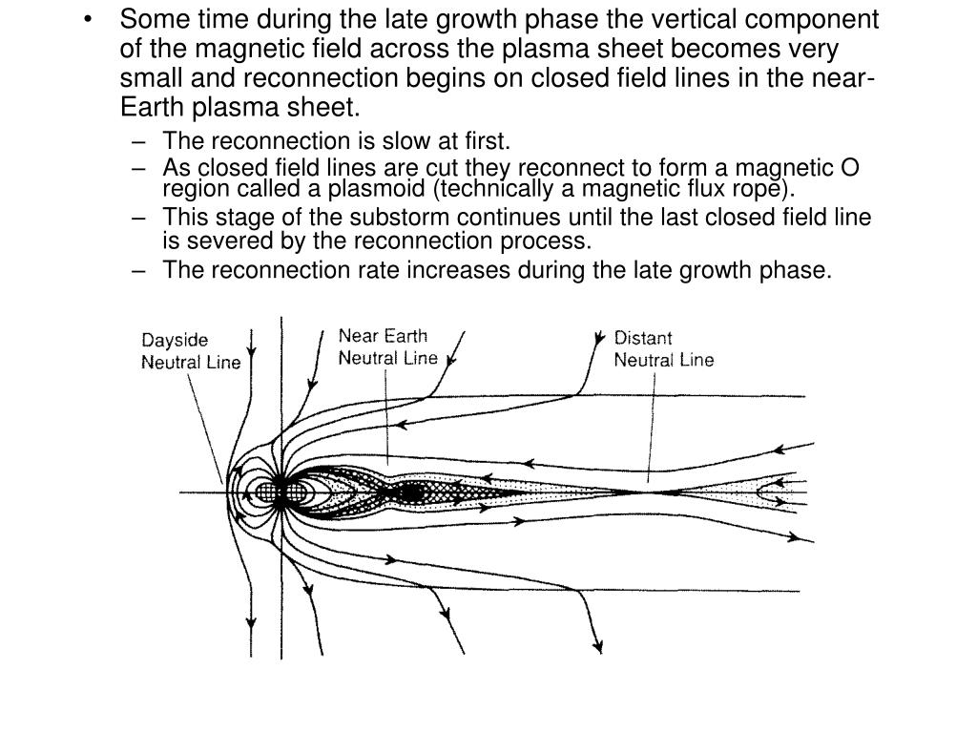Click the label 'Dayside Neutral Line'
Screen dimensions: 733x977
(x=191, y=350)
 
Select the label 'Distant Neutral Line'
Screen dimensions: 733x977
(x=663, y=348)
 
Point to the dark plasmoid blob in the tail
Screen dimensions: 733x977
(x=410, y=492)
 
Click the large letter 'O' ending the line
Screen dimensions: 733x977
(x=849, y=169)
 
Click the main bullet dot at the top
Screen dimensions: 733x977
(x=90, y=20)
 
